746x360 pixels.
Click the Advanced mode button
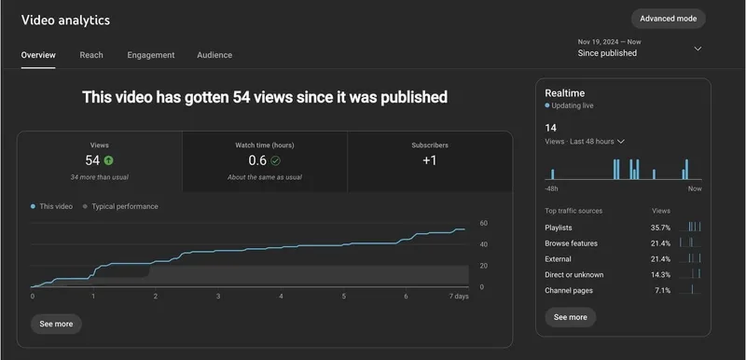(668, 19)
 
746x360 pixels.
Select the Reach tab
(91, 55)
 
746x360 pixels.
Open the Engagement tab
(151, 55)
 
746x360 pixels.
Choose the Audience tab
(214, 55)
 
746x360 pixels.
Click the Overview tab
(38, 55)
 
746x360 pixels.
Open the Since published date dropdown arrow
(698, 48)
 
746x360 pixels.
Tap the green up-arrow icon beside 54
(109, 160)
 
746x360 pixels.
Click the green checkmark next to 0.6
(275, 160)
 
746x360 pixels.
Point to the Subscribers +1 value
(429, 160)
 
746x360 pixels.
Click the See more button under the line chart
(56, 324)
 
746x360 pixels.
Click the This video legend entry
(53, 206)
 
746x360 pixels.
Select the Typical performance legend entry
(124, 206)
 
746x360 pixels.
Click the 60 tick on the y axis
(483, 224)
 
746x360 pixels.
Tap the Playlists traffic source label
(559, 228)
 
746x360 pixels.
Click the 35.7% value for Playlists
(660, 228)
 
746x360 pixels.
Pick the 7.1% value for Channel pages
(662, 291)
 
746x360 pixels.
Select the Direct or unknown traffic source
(573, 275)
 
